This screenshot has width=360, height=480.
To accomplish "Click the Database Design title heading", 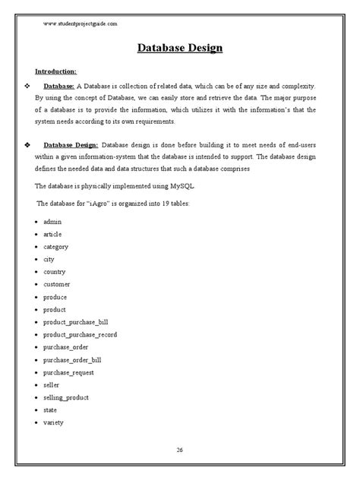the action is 180,49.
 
